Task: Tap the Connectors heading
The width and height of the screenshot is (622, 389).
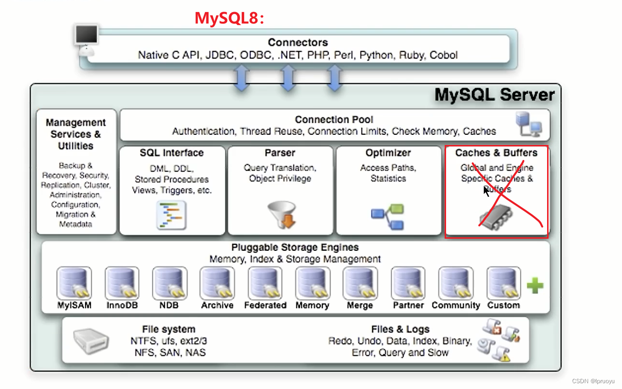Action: tap(298, 43)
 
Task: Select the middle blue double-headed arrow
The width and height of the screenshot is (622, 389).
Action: tap(288, 78)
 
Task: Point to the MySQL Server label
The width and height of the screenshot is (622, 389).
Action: tap(494, 94)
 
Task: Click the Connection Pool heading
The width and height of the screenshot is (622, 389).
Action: tap(334, 119)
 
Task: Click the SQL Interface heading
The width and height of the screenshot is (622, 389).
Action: tap(172, 153)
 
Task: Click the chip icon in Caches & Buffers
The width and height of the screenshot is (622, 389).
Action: tap(496, 220)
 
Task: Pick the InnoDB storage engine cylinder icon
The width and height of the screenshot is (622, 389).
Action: tap(121, 283)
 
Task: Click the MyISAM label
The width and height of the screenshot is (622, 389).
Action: tap(74, 305)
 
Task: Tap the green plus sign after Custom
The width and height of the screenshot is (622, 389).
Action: tap(535, 285)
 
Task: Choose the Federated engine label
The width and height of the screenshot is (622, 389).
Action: tap(265, 305)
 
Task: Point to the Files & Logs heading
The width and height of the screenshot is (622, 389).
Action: tap(400, 329)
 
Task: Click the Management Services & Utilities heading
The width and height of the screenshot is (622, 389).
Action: tap(76, 134)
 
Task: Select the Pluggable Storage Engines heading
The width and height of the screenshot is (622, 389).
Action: tap(295, 247)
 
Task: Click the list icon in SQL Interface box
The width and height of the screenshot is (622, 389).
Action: tap(171, 215)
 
